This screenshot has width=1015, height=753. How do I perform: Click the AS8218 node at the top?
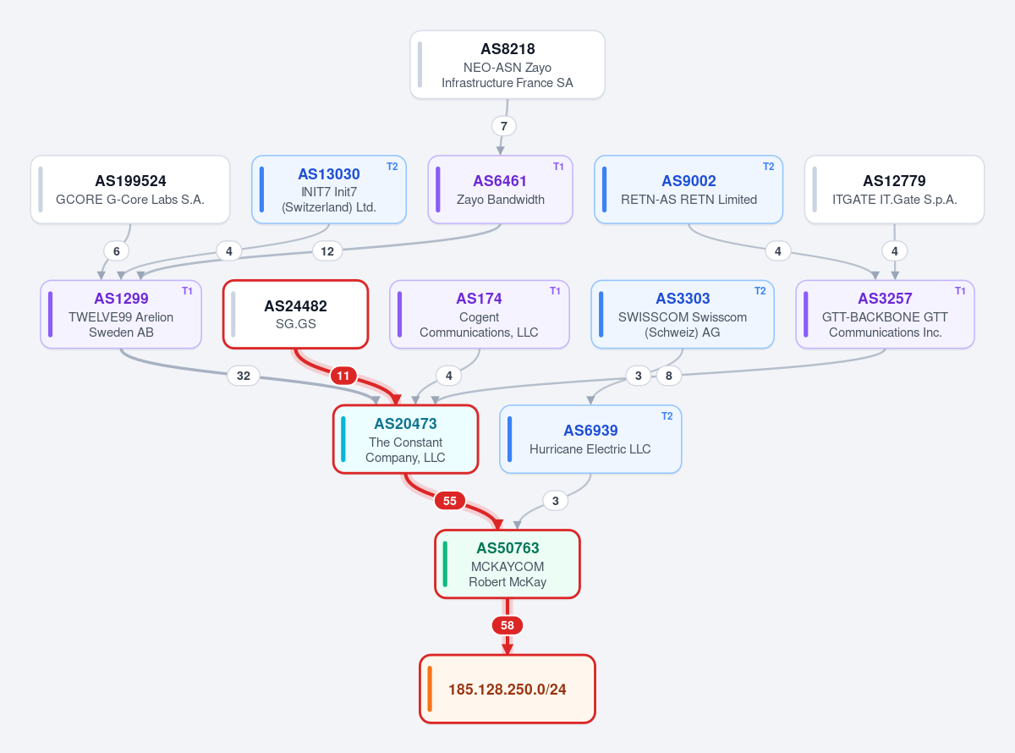(507, 64)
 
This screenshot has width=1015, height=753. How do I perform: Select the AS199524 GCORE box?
(130, 190)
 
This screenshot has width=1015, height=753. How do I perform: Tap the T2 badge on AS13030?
(392, 167)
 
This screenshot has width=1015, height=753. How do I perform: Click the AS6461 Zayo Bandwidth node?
(500, 190)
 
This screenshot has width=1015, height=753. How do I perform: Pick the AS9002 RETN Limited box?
(689, 190)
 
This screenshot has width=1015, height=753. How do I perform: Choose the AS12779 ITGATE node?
(894, 190)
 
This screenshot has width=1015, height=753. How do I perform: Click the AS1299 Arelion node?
(121, 315)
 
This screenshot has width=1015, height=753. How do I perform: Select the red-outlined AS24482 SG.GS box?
(296, 315)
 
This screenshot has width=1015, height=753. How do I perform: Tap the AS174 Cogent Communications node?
(479, 315)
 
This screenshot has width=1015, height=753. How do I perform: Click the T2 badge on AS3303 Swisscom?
(760, 291)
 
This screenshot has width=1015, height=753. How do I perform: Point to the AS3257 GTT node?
(885, 315)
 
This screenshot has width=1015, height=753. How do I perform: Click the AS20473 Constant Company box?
(405, 439)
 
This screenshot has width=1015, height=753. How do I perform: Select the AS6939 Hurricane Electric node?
(590, 439)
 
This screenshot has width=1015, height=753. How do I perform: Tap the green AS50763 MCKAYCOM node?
(507, 564)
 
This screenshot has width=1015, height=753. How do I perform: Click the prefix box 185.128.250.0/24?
(507, 689)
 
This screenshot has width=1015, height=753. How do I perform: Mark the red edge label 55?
(449, 501)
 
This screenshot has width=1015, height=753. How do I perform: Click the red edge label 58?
(507, 625)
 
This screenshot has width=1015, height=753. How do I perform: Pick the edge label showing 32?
(244, 376)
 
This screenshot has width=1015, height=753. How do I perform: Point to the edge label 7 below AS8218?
(504, 126)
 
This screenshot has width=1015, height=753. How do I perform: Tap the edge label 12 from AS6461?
(327, 251)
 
